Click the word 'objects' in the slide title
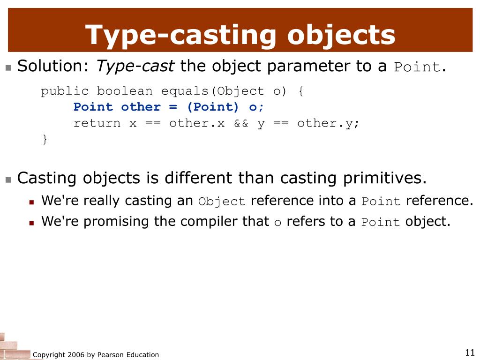(x=341, y=35)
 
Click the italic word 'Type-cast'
(x=135, y=67)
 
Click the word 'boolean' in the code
(x=125, y=91)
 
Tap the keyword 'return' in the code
(x=97, y=123)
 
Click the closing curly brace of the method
(x=45, y=139)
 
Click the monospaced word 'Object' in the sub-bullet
(x=222, y=202)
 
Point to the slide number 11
(x=470, y=352)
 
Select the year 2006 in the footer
(x=76, y=355)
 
